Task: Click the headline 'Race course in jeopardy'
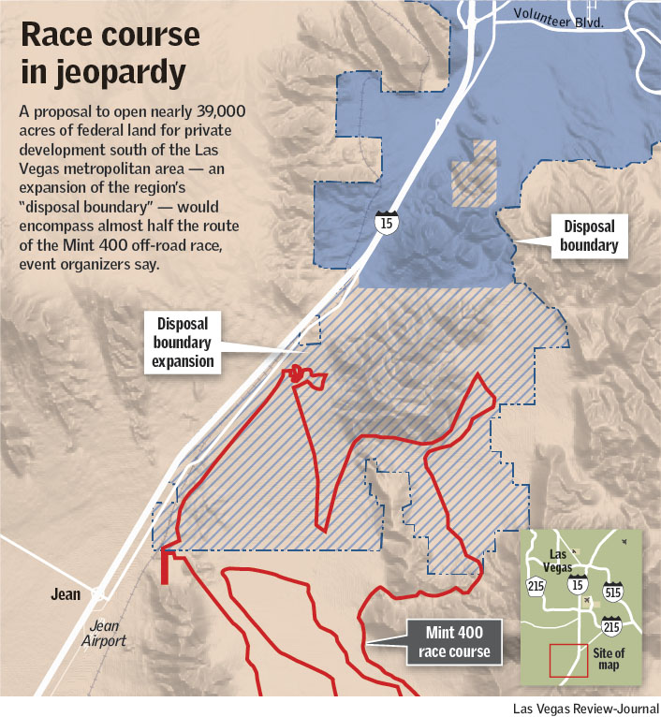point(110,51)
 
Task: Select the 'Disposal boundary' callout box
point(590,236)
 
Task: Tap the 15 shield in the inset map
point(576,586)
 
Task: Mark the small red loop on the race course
point(298,373)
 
